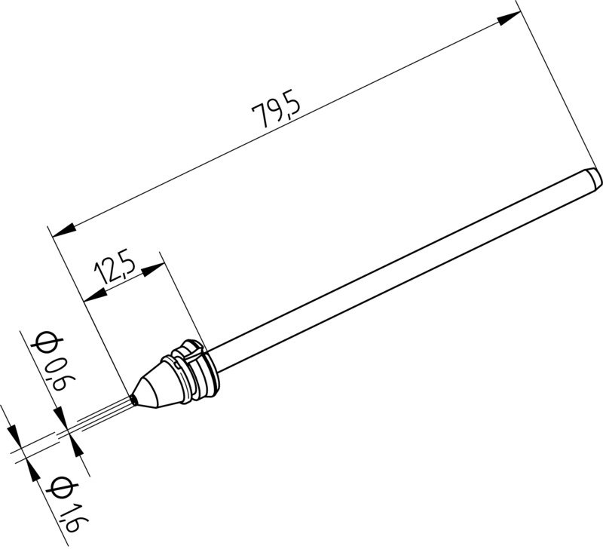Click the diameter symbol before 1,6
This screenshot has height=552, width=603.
[x=57, y=488]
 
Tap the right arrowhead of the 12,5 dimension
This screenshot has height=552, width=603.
[x=155, y=267]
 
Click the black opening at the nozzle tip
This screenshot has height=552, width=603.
[x=134, y=397]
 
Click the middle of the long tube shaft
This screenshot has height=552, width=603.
[x=399, y=271]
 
